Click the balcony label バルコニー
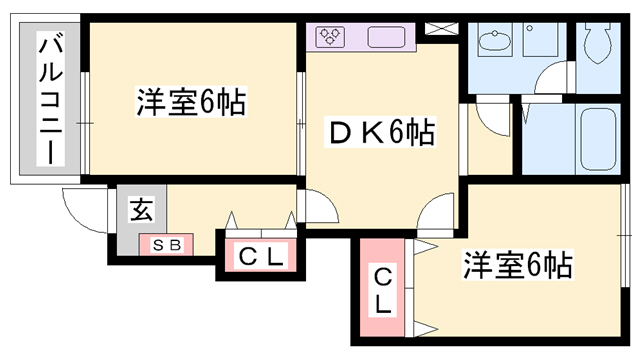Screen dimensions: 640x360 click(51, 99)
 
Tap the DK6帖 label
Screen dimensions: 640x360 click(380, 132)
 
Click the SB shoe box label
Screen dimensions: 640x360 click(167, 245)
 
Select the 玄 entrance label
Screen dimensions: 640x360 click(142, 209)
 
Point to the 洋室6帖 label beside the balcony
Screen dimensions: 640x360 click(191, 102)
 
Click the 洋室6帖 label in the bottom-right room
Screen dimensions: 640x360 click(518, 264)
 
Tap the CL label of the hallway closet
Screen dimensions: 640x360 click(260, 256)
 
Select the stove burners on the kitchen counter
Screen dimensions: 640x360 click(331, 37)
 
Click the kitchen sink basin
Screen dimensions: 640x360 click(386, 37)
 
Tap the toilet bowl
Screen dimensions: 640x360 click(597, 43)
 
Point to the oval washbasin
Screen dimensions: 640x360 click(496, 41)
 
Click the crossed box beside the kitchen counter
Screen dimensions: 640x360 click(442, 29)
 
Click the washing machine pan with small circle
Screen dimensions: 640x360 click(540, 40)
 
